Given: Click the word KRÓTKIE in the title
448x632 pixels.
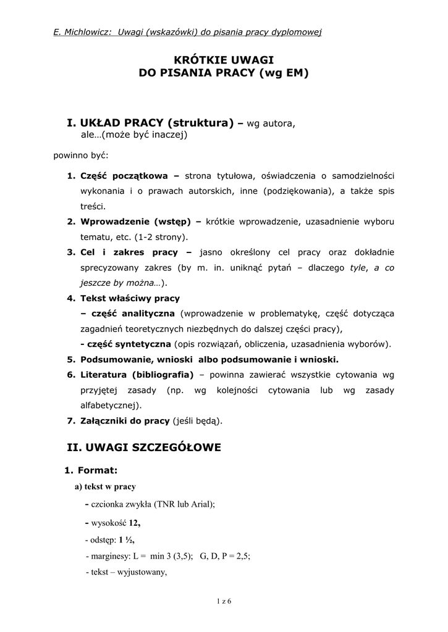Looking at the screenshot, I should point(196,59).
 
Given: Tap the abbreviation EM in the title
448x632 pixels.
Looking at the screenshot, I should point(292,73).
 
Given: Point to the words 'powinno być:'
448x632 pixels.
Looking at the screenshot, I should point(81,154).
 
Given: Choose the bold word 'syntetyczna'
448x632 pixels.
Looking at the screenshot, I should point(142,344).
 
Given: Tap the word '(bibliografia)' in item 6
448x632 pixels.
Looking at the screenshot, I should point(163,375).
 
